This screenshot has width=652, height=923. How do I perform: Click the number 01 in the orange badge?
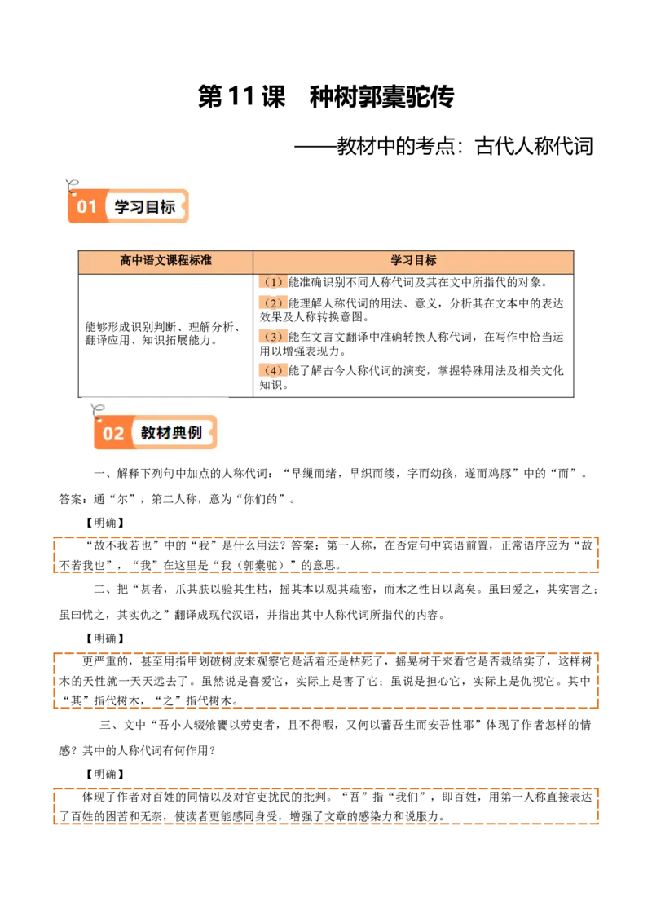coord(86,207)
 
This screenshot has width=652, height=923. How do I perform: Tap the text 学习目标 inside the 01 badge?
coord(145,207)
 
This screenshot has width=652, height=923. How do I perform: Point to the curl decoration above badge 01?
coord(73,183)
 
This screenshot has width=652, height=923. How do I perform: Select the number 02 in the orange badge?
coord(113,433)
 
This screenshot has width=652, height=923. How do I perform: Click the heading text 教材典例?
coord(171,433)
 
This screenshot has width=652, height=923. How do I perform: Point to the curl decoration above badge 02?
coord(99,409)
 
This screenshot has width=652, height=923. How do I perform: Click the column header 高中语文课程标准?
coord(165,261)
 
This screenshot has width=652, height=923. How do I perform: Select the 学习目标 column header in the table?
coord(413,261)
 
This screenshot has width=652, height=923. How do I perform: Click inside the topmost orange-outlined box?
coord(326,554)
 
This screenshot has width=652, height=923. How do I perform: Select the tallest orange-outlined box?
coord(326,681)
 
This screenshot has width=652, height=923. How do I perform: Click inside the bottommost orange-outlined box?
coord(326,806)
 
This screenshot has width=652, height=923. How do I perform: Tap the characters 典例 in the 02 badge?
coord(187,433)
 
